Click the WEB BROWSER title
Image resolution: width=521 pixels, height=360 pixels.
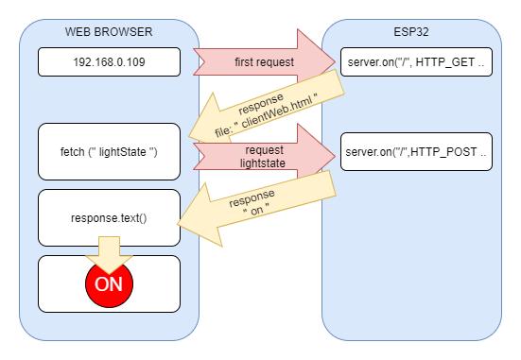[x=109, y=31]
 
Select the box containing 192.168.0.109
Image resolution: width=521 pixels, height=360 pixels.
[x=109, y=62]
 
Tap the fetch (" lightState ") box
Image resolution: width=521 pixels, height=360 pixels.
[x=109, y=151]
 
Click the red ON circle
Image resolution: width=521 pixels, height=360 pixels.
[x=109, y=283]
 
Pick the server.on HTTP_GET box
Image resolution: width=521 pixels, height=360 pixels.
[x=416, y=62]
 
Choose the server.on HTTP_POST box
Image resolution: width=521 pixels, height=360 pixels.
[x=416, y=151]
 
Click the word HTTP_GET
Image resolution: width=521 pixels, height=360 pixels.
[x=448, y=62]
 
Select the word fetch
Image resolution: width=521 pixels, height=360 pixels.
[x=75, y=151]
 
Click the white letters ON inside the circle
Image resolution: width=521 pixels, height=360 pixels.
[x=109, y=283]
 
